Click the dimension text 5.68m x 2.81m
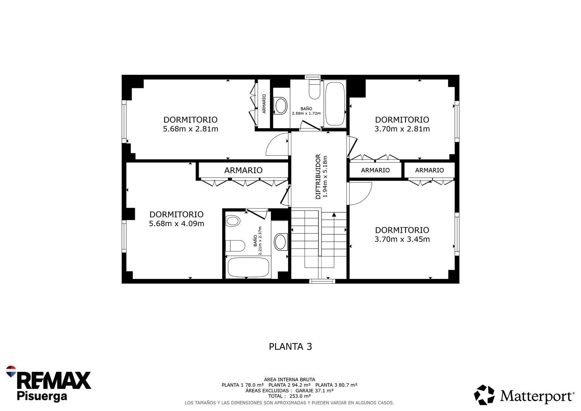point(191,129)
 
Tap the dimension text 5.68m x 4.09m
point(177,224)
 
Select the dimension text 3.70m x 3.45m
point(402,239)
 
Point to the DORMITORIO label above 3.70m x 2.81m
point(402,120)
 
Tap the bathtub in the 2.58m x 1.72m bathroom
point(335,104)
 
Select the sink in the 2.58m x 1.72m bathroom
point(280,105)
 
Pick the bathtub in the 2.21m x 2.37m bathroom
point(248,268)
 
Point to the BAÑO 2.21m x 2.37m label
point(258,241)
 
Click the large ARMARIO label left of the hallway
point(243,170)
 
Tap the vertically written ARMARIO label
point(264,104)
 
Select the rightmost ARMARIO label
point(429,170)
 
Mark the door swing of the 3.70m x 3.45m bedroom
point(360,193)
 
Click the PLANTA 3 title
point(290,346)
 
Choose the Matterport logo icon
point(484,395)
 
